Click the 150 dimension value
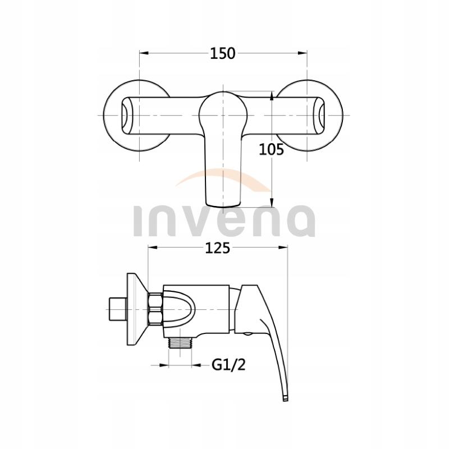tap(223, 53)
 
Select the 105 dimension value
tap(272, 149)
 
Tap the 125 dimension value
tap(217, 248)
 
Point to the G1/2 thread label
tap(229, 366)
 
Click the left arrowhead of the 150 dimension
tap(143, 53)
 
